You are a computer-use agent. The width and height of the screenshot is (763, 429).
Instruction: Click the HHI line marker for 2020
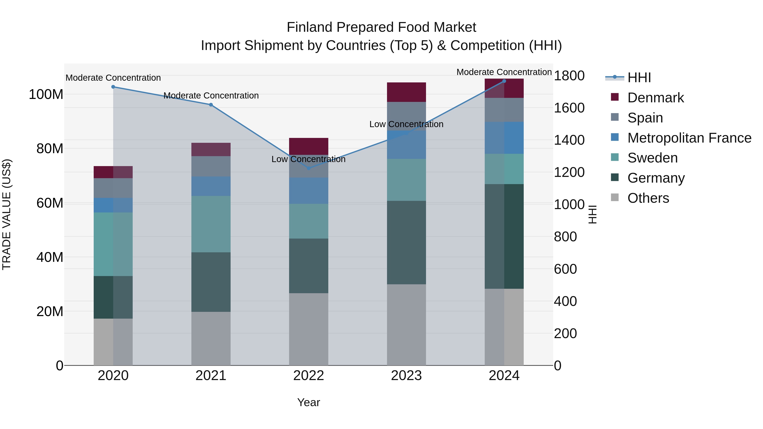[113, 87]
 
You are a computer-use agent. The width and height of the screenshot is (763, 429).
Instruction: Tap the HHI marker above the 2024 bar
[504, 81]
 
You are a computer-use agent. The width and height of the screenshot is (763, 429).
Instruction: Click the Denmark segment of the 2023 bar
[406, 92]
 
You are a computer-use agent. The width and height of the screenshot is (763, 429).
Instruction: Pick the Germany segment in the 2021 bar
[211, 282]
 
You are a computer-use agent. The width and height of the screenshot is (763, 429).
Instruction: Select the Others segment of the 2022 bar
[308, 329]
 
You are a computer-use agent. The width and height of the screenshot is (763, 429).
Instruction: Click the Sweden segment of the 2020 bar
[113, 244]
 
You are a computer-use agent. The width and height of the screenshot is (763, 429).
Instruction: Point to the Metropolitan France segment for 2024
[504, 138]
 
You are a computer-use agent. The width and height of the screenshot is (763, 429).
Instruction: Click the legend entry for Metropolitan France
[689, 138]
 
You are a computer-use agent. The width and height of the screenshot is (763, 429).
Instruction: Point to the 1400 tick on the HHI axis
[569, 140]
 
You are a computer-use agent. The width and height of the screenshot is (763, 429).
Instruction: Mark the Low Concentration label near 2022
[308, 159]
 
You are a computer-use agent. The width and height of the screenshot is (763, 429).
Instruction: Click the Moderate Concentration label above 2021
[211, 96]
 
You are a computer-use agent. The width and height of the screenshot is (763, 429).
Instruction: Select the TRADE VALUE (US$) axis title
[7, 214]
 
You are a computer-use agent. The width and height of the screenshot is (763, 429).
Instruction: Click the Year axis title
[308, 402]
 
